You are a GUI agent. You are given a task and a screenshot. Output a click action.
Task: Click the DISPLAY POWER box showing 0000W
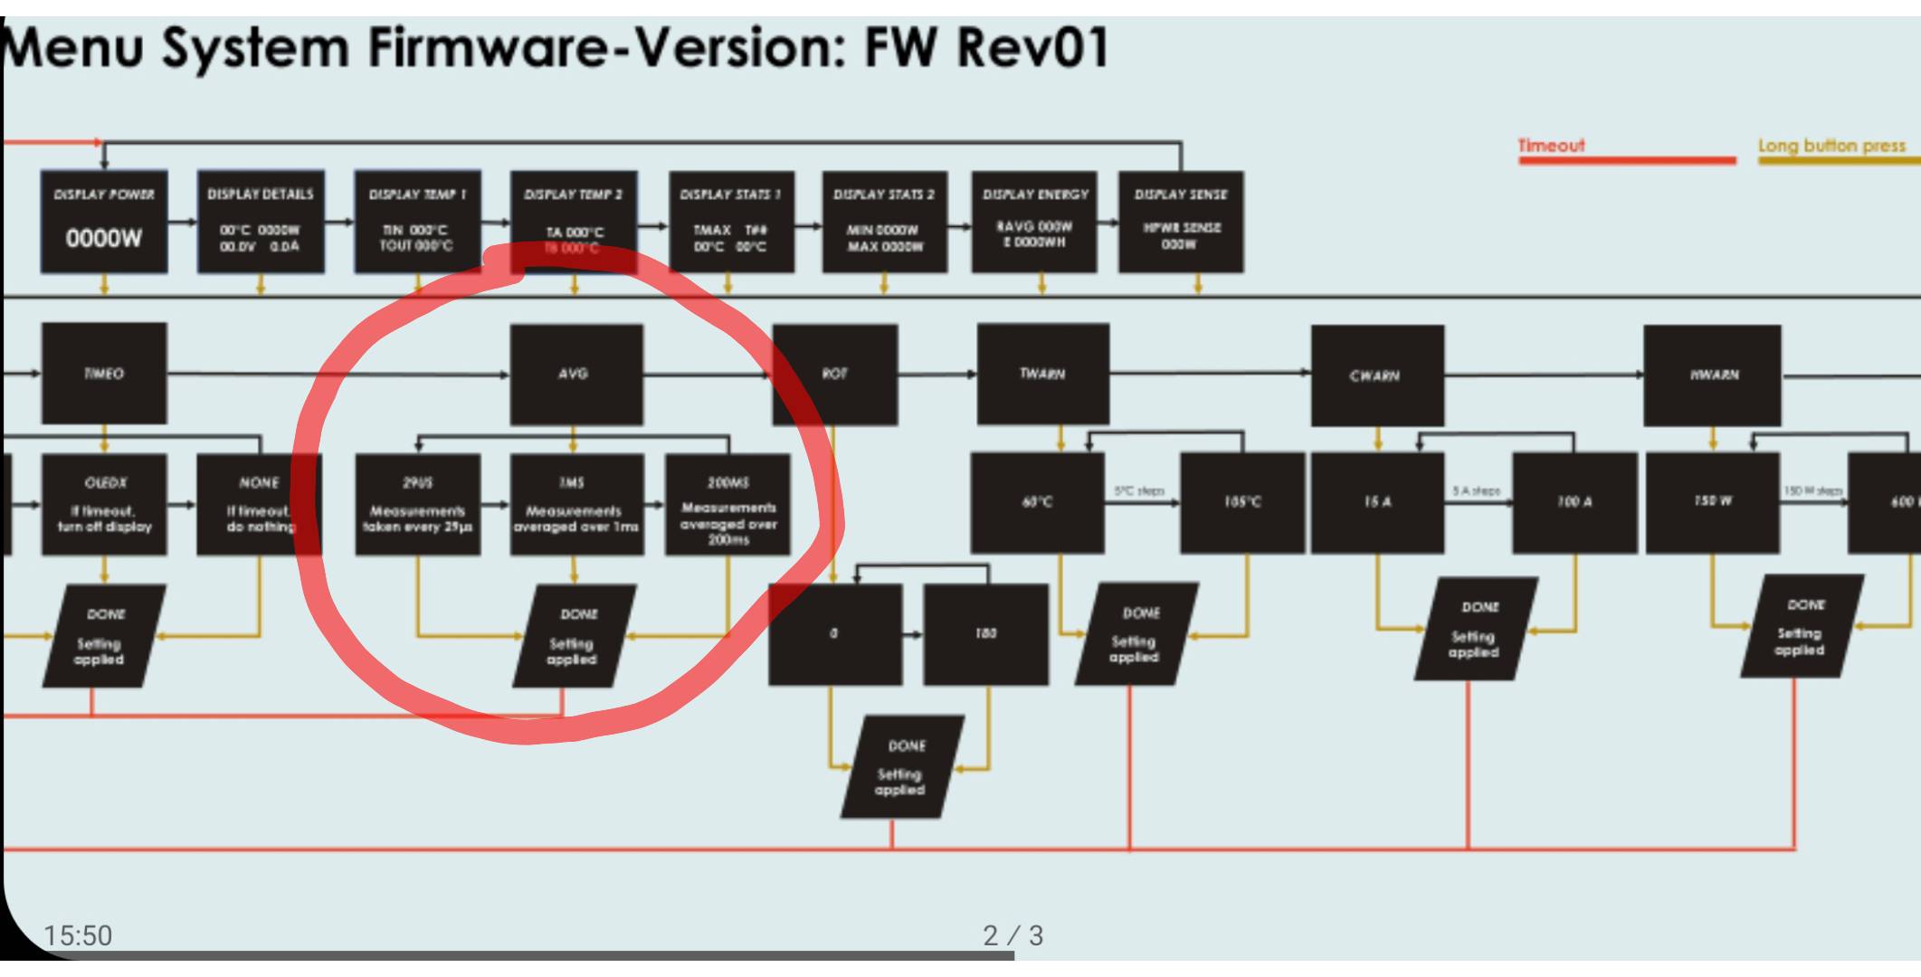[x=104, y=222]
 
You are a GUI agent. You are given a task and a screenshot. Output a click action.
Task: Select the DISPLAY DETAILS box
[x=261, y=222]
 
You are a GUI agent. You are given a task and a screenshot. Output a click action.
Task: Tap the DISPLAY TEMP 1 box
[x=417, y=222]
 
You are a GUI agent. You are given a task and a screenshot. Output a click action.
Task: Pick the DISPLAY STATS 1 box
[x=731, y=222]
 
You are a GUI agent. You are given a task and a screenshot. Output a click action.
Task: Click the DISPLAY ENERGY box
[x=1035, y=222]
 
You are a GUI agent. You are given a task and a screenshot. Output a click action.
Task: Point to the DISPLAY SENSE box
[x=1181, y=222]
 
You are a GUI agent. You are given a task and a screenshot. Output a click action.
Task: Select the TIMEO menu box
[x=104, y=374]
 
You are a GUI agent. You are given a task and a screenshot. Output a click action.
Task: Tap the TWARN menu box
[x=1042, y=374]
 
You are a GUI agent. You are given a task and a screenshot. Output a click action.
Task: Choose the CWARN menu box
[x=1376, y=375]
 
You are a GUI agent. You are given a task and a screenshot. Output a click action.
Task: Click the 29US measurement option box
[x=417, y=504]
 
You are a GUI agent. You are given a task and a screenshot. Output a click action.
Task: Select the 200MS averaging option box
[x=728, y=504]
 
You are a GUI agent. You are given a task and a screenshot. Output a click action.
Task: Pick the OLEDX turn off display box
[x=104, y=504]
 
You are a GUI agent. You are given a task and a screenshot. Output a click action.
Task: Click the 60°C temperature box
[x=1037, y=502]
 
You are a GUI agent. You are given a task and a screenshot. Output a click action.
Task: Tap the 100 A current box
[x=1574, y=502]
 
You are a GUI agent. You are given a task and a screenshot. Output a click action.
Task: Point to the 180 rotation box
[x=985, y=634]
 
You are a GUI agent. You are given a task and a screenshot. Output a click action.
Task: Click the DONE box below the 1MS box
[x=574, y=636]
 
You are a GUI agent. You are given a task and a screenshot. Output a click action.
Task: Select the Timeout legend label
[x=1551, y=146]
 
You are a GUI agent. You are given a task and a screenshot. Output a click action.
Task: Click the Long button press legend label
[x=1831, y=146]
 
